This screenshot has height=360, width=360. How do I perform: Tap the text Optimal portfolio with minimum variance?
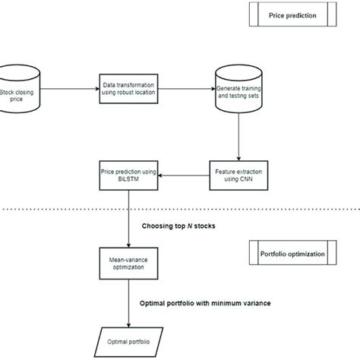pos(204,302)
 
